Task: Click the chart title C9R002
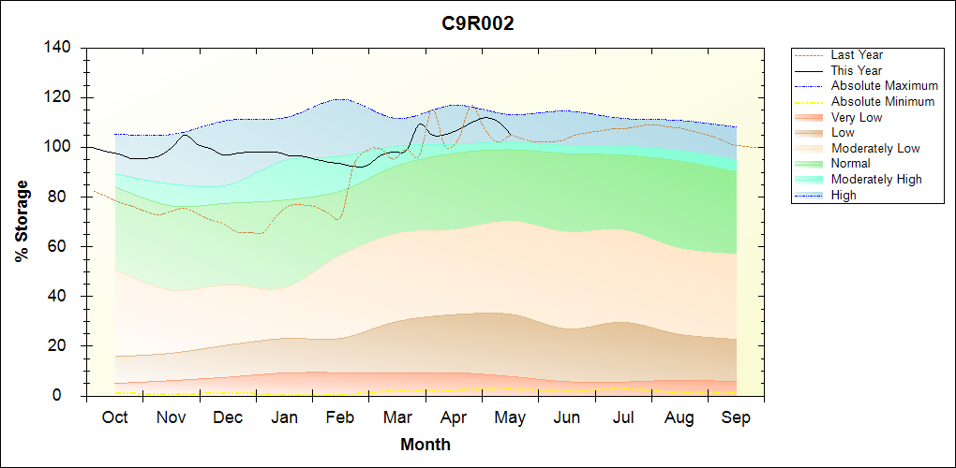tap(478, 23)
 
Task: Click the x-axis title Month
tap(426, 445)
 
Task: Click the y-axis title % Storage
tap(22, 221)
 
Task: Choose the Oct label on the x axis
tap(114, 417)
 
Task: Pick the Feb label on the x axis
tap(340, 417)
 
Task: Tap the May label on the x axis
tap(510, 417)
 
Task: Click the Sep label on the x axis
tap(736, 417)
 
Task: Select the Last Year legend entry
tap(838, 55)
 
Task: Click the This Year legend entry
tap(838, 70)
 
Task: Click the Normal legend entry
tap(831, 164)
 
